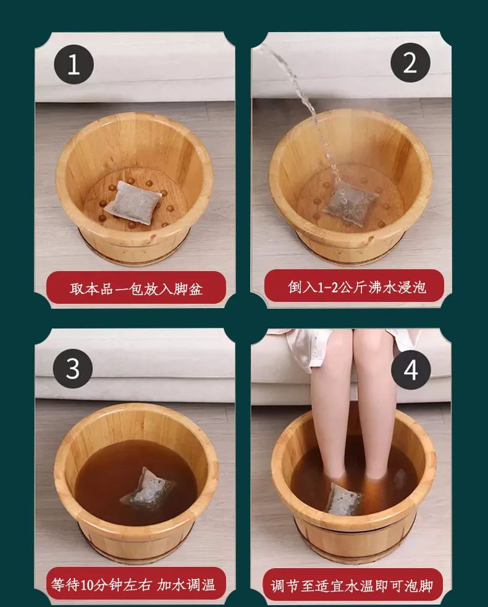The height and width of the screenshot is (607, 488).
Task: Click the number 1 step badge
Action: click(x=74, y=64)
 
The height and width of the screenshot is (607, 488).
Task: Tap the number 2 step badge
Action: click(x=410, y=62)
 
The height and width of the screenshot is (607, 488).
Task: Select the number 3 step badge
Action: click(x=72, y=369)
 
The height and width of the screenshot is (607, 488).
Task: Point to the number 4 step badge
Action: click(x=411, y=370)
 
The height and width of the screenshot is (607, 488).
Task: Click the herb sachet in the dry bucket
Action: click(x=133, y=203)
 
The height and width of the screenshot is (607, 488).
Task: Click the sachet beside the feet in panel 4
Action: click(x=345, y=500)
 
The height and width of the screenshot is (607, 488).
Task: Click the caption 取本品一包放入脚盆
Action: click(x=137, y=289)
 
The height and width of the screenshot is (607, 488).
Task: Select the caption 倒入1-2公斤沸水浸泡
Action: click(x=356, y=287)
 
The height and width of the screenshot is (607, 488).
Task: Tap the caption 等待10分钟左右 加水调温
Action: click(x=133, y=584)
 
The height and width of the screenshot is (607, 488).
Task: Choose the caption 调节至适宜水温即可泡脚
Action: click(x=351, y=586)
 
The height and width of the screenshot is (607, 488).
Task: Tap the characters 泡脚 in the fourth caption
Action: click(x=419, y=586)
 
